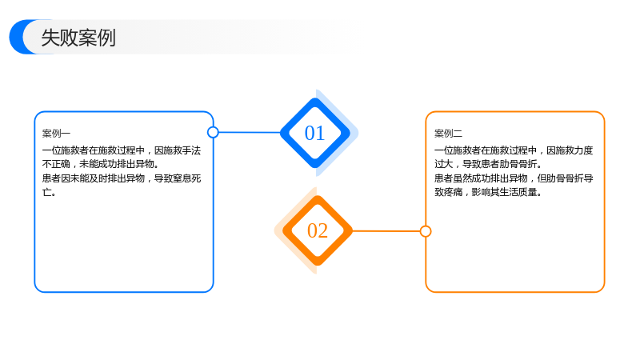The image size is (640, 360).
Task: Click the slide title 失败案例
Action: tap(78, 38)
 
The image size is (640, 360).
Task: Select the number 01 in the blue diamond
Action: tap(314, 133)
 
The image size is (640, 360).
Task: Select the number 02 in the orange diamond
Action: tap(318, 230)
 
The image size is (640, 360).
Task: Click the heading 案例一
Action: tap(56, 134)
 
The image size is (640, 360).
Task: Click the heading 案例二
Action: tap(448, 134)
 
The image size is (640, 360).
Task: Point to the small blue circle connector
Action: tap(213, 132)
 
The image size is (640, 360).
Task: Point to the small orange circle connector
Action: tap(426, 231)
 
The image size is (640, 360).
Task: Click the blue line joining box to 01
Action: tap(250, 132)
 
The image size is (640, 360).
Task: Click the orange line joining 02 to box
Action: tap(386, 231)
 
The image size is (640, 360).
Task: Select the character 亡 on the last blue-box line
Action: tap(46, 192)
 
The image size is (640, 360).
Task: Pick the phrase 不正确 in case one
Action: tap(56, 164)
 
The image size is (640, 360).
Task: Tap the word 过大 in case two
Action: tap(444, 164)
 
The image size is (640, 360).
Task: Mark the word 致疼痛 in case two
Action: tap(448, 192)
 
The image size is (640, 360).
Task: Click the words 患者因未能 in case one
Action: tap(66, 178)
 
